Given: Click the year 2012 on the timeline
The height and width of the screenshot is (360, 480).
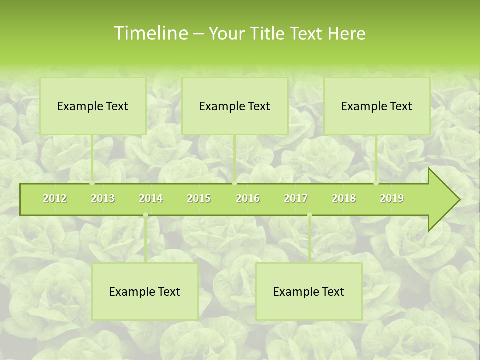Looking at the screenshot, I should (55, 198).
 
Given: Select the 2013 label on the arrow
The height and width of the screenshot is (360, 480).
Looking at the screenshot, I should (103, 198).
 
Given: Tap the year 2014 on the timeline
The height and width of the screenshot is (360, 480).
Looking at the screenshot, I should (151, 198).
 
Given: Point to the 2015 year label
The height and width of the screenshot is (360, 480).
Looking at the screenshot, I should (199, 198).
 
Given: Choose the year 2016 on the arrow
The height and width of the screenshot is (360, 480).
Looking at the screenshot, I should (248, 198).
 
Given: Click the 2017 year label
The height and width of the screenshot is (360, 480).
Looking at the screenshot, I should (296, 198).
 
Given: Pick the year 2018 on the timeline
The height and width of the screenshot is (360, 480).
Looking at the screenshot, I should (344, 198).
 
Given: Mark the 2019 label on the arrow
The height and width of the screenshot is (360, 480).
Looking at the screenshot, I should (392, 198).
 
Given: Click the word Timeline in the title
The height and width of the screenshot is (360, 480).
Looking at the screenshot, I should (150, 33).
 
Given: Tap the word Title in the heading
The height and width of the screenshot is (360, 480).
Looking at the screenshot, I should (270, 33).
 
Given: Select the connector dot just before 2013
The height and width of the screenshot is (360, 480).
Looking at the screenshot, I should (92, 183).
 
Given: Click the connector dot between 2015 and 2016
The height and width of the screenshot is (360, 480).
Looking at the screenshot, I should (234, 183).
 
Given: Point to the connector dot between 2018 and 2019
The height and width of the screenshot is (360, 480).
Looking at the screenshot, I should (376, 183).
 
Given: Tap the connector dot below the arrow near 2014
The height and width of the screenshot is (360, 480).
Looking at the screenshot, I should (145, 215).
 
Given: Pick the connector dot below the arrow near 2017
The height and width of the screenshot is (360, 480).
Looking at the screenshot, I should (309, 215).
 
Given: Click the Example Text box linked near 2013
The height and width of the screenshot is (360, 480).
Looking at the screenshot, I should (93, 106).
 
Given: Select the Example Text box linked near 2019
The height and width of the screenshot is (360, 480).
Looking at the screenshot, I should (377, 106).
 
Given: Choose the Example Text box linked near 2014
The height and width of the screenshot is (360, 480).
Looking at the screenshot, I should (145, 291).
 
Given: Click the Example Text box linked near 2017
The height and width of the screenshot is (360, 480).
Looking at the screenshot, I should (309, 291).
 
